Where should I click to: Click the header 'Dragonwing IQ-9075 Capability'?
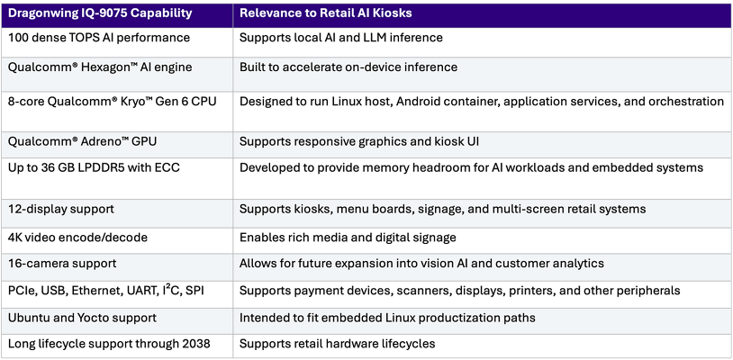coord(100,13)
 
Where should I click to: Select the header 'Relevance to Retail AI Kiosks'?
coord(326,13)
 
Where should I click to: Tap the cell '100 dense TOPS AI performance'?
coord(99,38)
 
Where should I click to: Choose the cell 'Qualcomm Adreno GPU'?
coord(82,142)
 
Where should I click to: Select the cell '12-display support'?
coord(61,209)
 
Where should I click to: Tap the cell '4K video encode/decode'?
coord(78,238)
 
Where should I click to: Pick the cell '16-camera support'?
coord(62,264)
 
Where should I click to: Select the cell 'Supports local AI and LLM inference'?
coord(341,38)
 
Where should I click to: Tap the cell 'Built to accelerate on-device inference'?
coord(348,67)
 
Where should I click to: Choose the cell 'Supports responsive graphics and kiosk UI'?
coord(359,142)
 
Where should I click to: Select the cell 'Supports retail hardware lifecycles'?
coord(338,345)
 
